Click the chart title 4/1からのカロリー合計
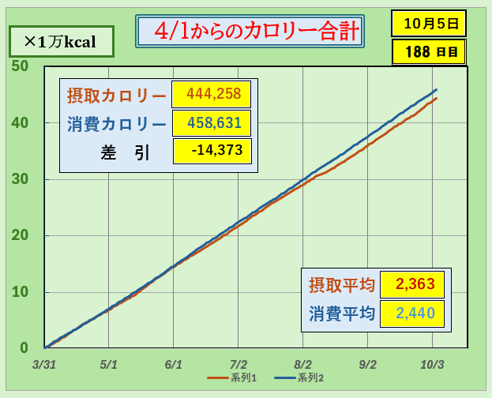(x=250, y=32)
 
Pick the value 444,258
(x=211, y=95)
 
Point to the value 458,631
(x=211, y=124)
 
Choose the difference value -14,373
(x=211, y=151)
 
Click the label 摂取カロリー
(x=116, y=96)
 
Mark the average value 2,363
(x=411, y=284)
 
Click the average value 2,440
(x=411, y=313)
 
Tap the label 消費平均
(x=341, y=314)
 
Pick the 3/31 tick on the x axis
(x=44, y=364)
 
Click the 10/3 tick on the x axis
(x=433, y=364)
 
